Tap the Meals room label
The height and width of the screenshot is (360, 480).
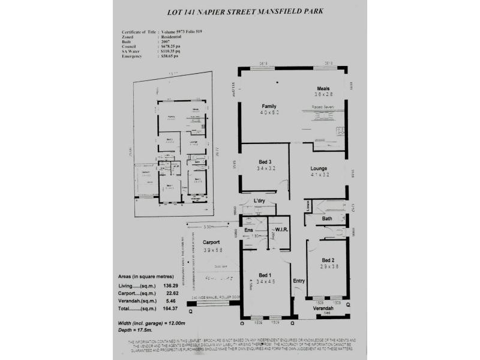tap(323, 88)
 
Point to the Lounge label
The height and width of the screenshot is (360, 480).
tap(318, 169)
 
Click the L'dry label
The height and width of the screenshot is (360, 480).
tap(260, 200)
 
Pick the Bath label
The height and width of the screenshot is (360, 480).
tap(327, 218)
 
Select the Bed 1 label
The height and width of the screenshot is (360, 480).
tap(265, 275)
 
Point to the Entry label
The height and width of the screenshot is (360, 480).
tap(298, 281)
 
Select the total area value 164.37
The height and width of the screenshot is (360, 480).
tap(171, 308)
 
